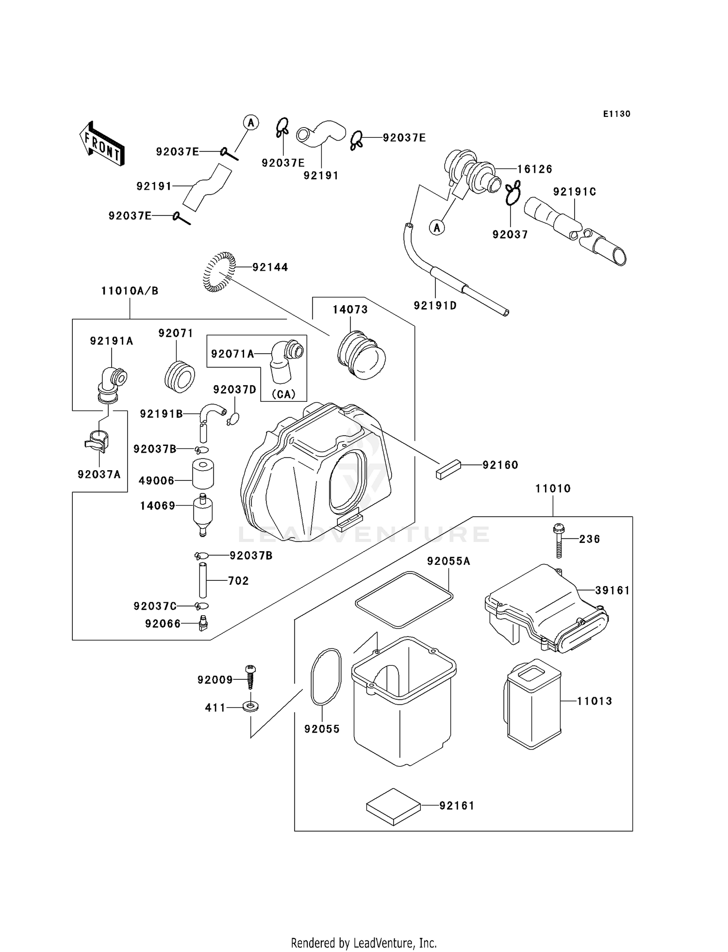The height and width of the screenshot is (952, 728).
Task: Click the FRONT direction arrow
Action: (x=102, y=144)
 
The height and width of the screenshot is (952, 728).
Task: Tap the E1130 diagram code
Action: (x=616, y=114)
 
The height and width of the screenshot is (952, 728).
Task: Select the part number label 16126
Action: (x=534, y=169)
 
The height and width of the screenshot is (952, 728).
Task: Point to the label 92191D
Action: (x=435, y=306)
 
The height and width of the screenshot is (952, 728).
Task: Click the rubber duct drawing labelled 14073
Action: (x=361, y=356)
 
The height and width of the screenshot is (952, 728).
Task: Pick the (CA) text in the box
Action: (x=283, y=394)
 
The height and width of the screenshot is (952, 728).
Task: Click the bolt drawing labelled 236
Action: (x=559, y=541)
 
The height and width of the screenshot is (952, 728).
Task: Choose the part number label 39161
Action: (x=612, y=591)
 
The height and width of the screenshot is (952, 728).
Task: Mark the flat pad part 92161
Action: (x=393, y=806)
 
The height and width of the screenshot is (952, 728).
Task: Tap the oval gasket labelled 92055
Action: (x=326, y=677)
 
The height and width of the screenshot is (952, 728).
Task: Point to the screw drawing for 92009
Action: (x=251, y=677)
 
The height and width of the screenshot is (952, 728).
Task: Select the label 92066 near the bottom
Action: (x=163, y=624)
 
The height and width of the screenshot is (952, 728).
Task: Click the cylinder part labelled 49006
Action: (x=203, y=474)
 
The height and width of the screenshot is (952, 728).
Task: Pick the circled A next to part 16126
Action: (x=437, y=227)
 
